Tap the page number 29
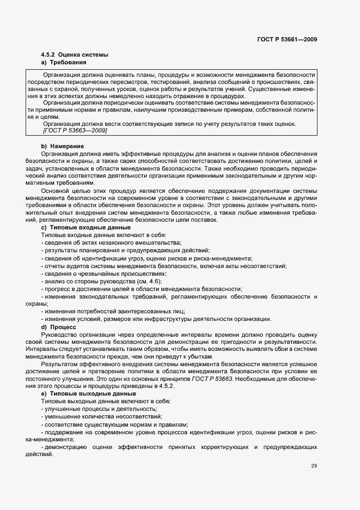pyautogui.click(x=314, y=465)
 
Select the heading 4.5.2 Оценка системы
pyautogui.click(x=75, y=55)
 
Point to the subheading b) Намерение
pyautogui.click(x=62, y=146)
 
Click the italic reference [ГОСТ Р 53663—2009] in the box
pyautogui.click(x=75, y=131)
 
